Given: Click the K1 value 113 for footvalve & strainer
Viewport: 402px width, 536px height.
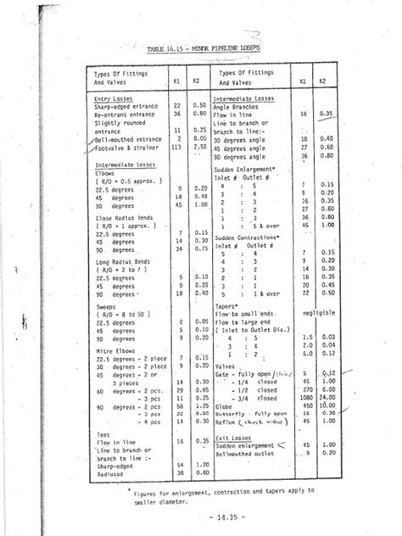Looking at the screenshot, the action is point(179,145).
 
